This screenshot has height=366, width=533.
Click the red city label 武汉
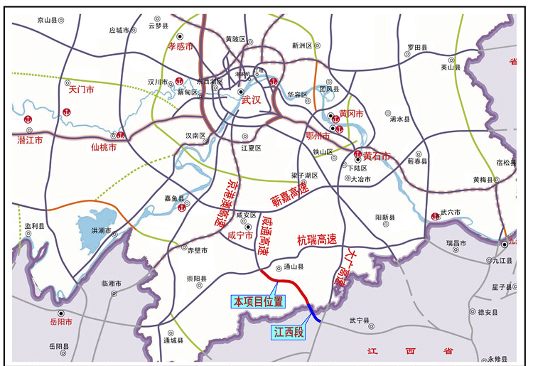[x=252, y=100]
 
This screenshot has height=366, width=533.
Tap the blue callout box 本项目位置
[x=257, y=301]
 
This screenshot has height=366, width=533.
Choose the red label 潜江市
[x=30, y=141]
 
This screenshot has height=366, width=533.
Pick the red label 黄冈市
[x=351, y=114]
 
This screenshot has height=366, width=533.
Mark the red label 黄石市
[x=377, y=156]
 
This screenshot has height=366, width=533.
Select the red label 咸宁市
[x=240, y=235]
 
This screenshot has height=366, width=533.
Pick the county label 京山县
[x=49, y=21]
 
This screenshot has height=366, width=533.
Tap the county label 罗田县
[x=417, y=47]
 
